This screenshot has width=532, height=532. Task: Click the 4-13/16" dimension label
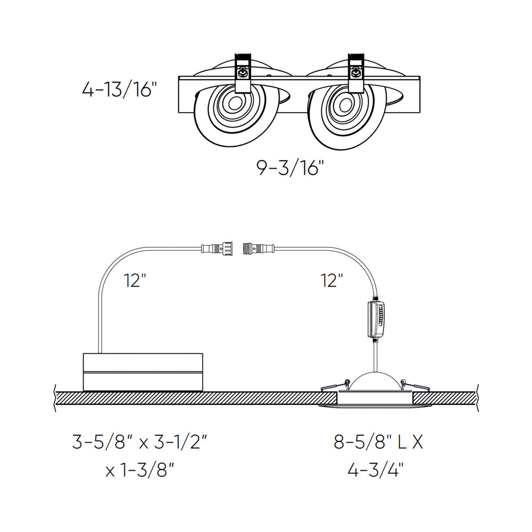(119, 89)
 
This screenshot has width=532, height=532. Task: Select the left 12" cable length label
(135, 280)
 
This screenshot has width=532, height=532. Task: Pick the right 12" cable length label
(331, 280)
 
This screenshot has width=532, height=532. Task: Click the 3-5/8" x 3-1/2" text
(139, 442)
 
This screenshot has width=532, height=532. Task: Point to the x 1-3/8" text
(139, 470)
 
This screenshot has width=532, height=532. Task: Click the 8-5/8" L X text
(378, 442)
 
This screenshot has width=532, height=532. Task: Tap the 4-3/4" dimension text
(376, 470)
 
